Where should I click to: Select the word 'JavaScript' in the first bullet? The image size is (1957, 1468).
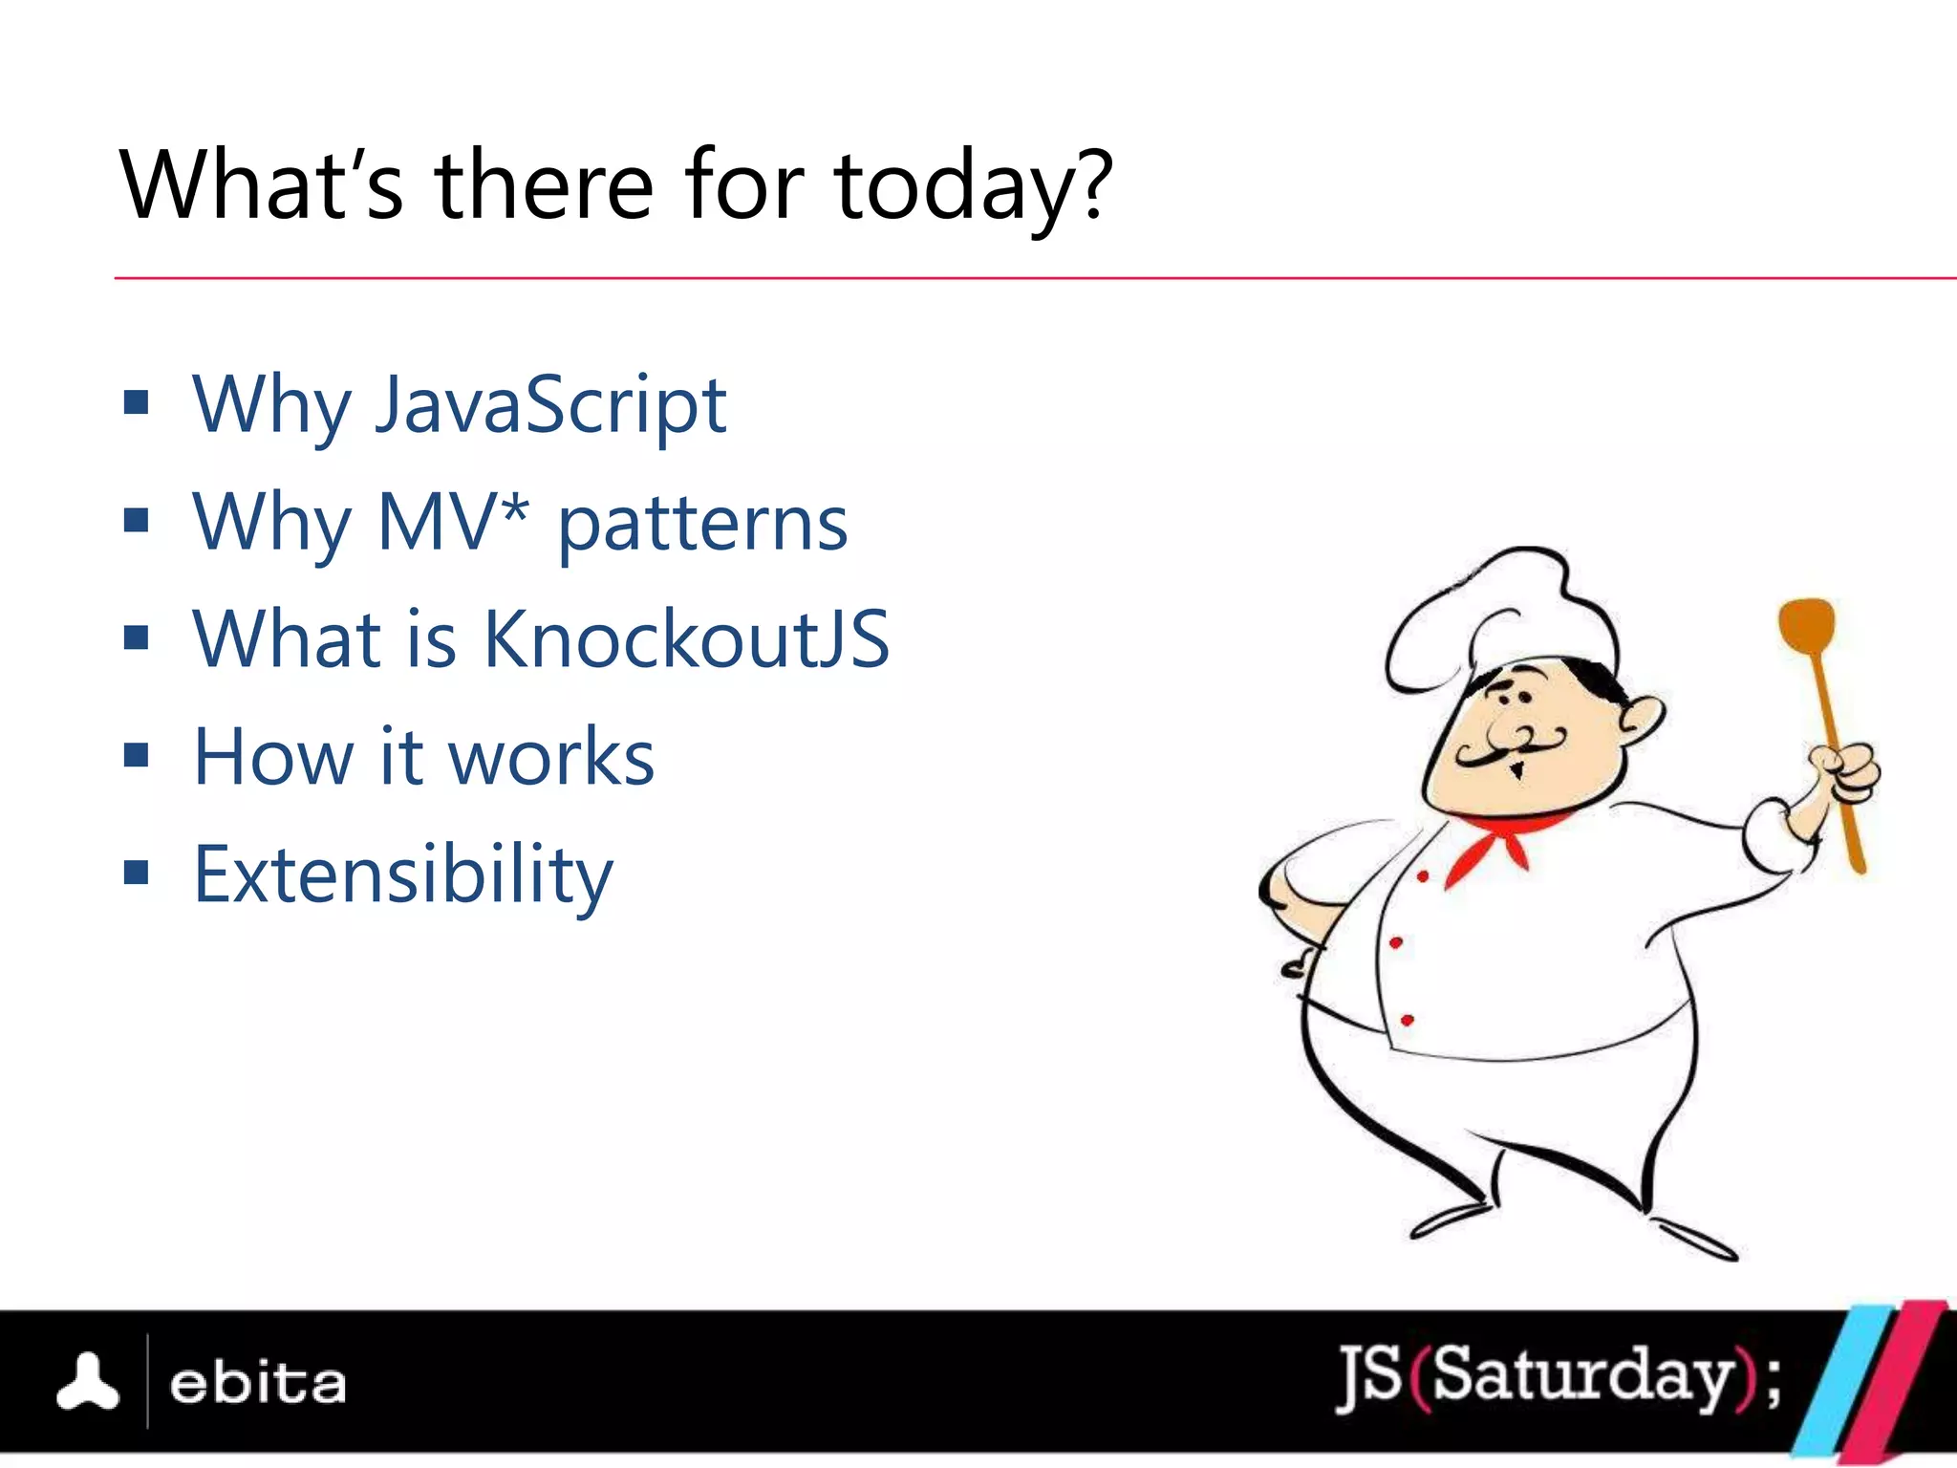click(550, 405)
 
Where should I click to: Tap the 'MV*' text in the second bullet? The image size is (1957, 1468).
click(452, 522)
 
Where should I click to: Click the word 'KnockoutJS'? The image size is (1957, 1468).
click(686, 638)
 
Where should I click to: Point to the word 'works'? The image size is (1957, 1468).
click(551, 757)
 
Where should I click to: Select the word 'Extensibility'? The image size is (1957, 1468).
click(402, 874)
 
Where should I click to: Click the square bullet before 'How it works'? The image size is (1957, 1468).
click(137, 755)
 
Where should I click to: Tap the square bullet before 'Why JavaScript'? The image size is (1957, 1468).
click(137, 402)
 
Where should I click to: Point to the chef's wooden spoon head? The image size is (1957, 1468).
click(1806, 626)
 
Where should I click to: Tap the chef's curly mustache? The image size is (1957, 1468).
click(1510, 745)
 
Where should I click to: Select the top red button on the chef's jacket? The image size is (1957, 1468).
click(1423, 876)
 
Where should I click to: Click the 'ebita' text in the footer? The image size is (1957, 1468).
click(257, 1383)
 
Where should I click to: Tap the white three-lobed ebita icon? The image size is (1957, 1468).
click(88, 1382)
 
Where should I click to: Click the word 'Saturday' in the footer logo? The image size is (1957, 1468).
click(1581, 1376)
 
